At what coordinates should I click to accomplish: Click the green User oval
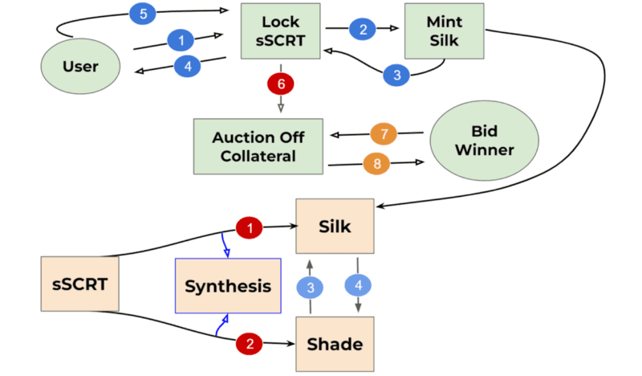[79, 65]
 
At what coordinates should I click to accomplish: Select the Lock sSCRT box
[281, 31]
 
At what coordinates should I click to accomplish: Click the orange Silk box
[335, 227]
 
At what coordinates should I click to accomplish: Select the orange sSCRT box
[79, 284]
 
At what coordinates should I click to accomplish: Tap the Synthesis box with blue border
[228, 286]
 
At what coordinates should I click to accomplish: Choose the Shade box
[335, 344]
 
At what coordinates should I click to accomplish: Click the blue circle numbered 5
[141, 13]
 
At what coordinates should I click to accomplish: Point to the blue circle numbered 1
[181, 39]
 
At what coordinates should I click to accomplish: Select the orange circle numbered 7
[384, 132]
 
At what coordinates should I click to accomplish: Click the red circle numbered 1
[250, 228]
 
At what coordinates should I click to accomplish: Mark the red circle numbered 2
[250, 344]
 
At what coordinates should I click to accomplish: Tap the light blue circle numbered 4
[358, 285]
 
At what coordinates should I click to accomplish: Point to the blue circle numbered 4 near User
[188, 66]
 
